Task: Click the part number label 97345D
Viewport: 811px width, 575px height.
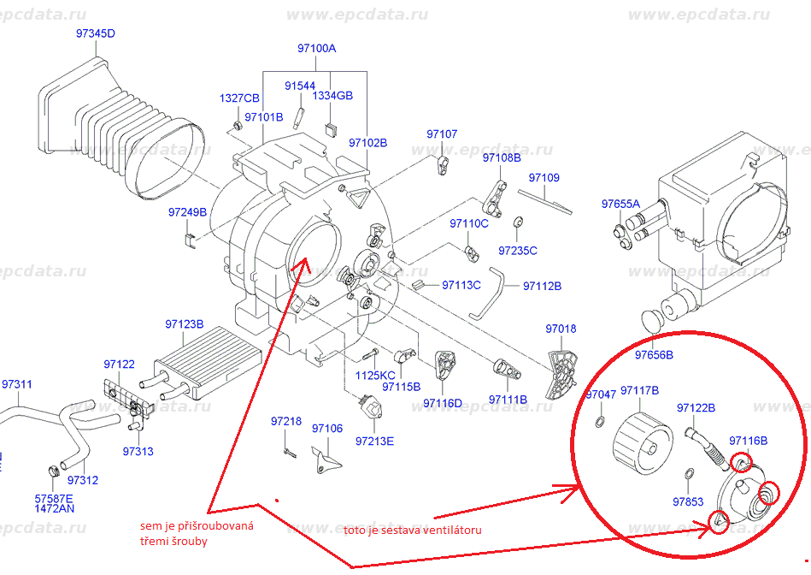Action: (x=95, y=33)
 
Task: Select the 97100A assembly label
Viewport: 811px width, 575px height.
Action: (x=316, y=49)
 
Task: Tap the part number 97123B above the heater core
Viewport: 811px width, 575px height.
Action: (x=184, y=324)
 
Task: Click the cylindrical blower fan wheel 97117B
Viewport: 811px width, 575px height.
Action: (x=642, y=439)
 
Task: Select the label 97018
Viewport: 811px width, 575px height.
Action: (x=561, y=329)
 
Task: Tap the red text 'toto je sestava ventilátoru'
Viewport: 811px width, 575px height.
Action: (x=413, y=530)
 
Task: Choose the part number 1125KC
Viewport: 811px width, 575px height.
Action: (x=375, y=375)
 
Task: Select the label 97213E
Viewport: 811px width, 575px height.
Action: (x=375, y=441)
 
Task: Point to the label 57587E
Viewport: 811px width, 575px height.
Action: (x=54, y=498)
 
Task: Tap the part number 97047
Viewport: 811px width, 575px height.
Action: (x=601, y=394)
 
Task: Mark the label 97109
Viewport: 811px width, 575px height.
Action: (x=544, y=178)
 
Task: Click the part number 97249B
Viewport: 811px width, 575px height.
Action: (x=187, y=212)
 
